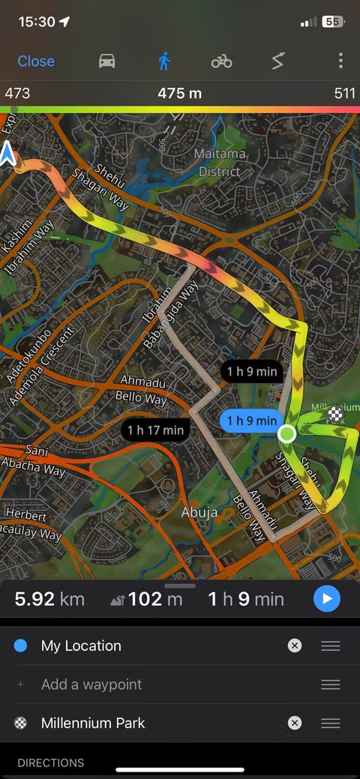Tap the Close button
(36, 61)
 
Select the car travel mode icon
(107, 61)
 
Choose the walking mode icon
(164, 61)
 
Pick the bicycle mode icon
(221, 61)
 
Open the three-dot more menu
(340, 61)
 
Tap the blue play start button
(326, 599)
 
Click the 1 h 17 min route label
(155, 430)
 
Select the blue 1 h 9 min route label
(251, 421)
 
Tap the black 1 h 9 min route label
(252, 371)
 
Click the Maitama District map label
(219, 163)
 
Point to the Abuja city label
(199, 513)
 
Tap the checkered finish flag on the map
(335, 413)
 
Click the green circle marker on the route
(287, 433)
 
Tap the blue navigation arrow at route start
(8, 154)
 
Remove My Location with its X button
(295, 646)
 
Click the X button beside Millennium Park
(295, 723)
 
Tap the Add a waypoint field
(91, 685)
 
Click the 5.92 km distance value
(49, 599)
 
